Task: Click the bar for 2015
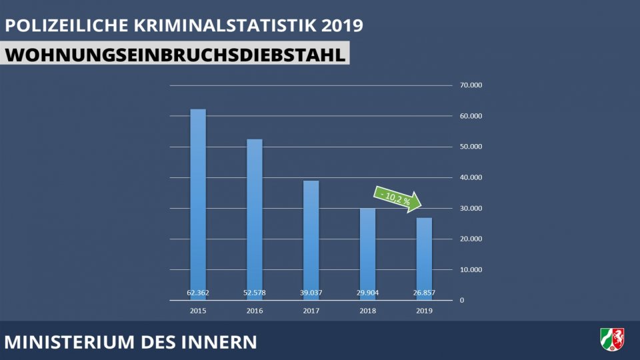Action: [198, 200]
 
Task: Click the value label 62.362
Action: [198, 292]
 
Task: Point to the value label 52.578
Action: [255, 292]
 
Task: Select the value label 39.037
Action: [311, 292]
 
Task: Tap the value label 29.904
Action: [367, 292]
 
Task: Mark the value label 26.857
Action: [424, 292]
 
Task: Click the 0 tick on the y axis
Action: [462, 301]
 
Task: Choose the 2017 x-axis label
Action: [311, 311]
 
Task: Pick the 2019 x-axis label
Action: [424, 311]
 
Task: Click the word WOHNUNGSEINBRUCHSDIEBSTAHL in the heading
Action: [175, 55]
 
